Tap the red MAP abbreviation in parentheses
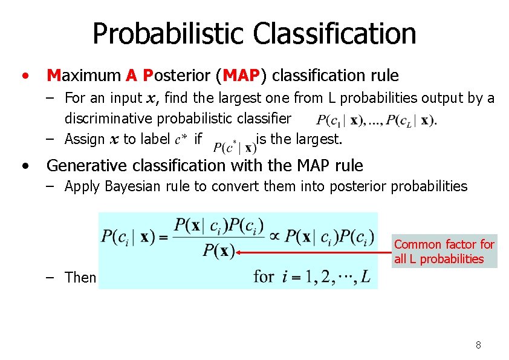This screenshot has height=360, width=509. pos(241,76)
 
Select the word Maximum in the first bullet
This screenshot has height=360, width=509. pos(84,76)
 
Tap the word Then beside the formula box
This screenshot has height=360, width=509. pos(80,278)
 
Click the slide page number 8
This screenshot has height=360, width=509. pos(478,345)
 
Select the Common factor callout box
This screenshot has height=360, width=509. pos(444,252)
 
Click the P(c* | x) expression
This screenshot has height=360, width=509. pos(235,147)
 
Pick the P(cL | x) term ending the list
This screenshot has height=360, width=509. pos(409,120)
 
